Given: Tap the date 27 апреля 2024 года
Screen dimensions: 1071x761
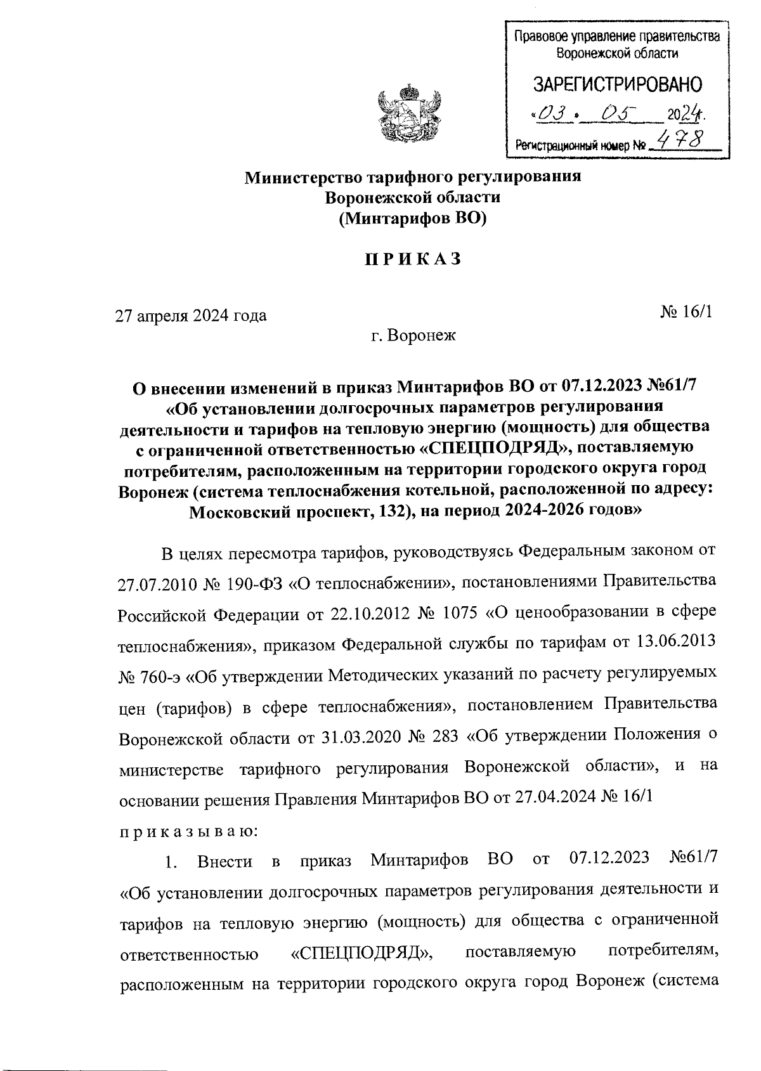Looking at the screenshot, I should tap(190, 315).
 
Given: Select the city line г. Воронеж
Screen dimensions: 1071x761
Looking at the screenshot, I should tap(413, 335).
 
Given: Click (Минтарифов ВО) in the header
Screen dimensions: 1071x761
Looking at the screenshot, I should tap(412, 219).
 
